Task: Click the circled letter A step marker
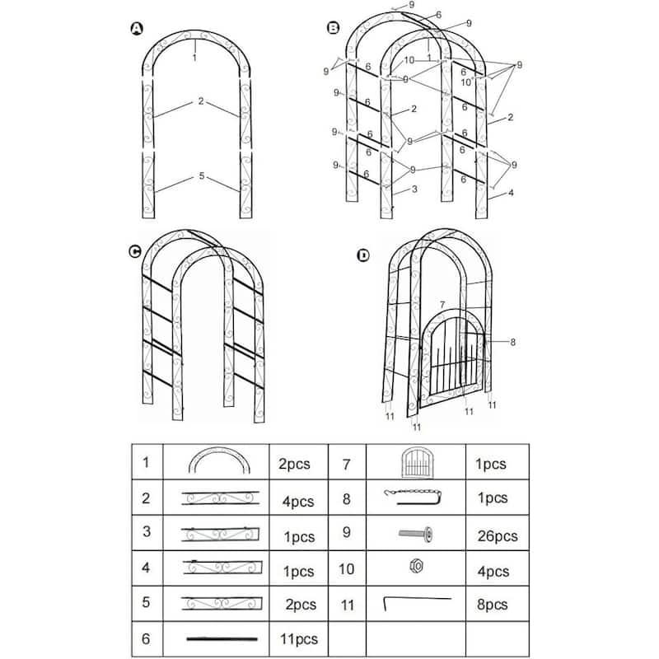pyautogui.click(x=137, y=30)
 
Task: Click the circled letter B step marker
pyautogui.click(x=333, y=29)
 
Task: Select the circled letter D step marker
pyautogui.click(x=363, y=255)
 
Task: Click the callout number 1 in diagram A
pyautogui.click(x=194, y=58)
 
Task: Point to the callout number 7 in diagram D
pyautogui.click(x=442, y=305)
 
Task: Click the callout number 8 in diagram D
pyautogui.click(x=512, y=342)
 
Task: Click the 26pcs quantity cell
pyautogui.click(x=497, y=535)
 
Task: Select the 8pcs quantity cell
pyautogui.click(x=491, y=604)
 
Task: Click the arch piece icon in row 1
pyautogui.click(x=216, y=461)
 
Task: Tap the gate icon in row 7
pyautogui.click(x=414, y=463)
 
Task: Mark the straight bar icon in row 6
pyautogui.click(x=217, y=638)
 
